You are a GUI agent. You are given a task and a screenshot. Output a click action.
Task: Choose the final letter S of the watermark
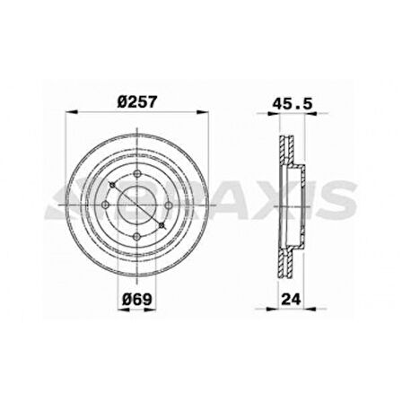[338, 205]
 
